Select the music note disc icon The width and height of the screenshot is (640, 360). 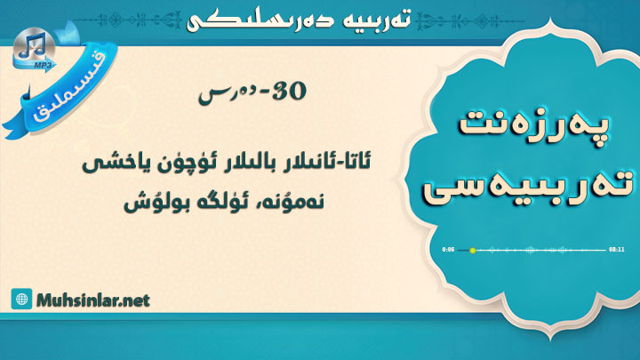[x=34, y=48]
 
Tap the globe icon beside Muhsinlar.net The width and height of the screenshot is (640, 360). [x=21, y=300]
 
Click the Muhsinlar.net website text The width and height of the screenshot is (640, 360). [x=93, y=300]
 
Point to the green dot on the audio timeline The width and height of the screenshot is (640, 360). [x=473, y=250]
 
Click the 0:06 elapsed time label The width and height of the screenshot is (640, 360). [x=448, y=250]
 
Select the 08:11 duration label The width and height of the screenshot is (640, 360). [x=616, y=250]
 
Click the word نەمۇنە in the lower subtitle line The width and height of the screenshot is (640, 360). [x=296, y=202]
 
